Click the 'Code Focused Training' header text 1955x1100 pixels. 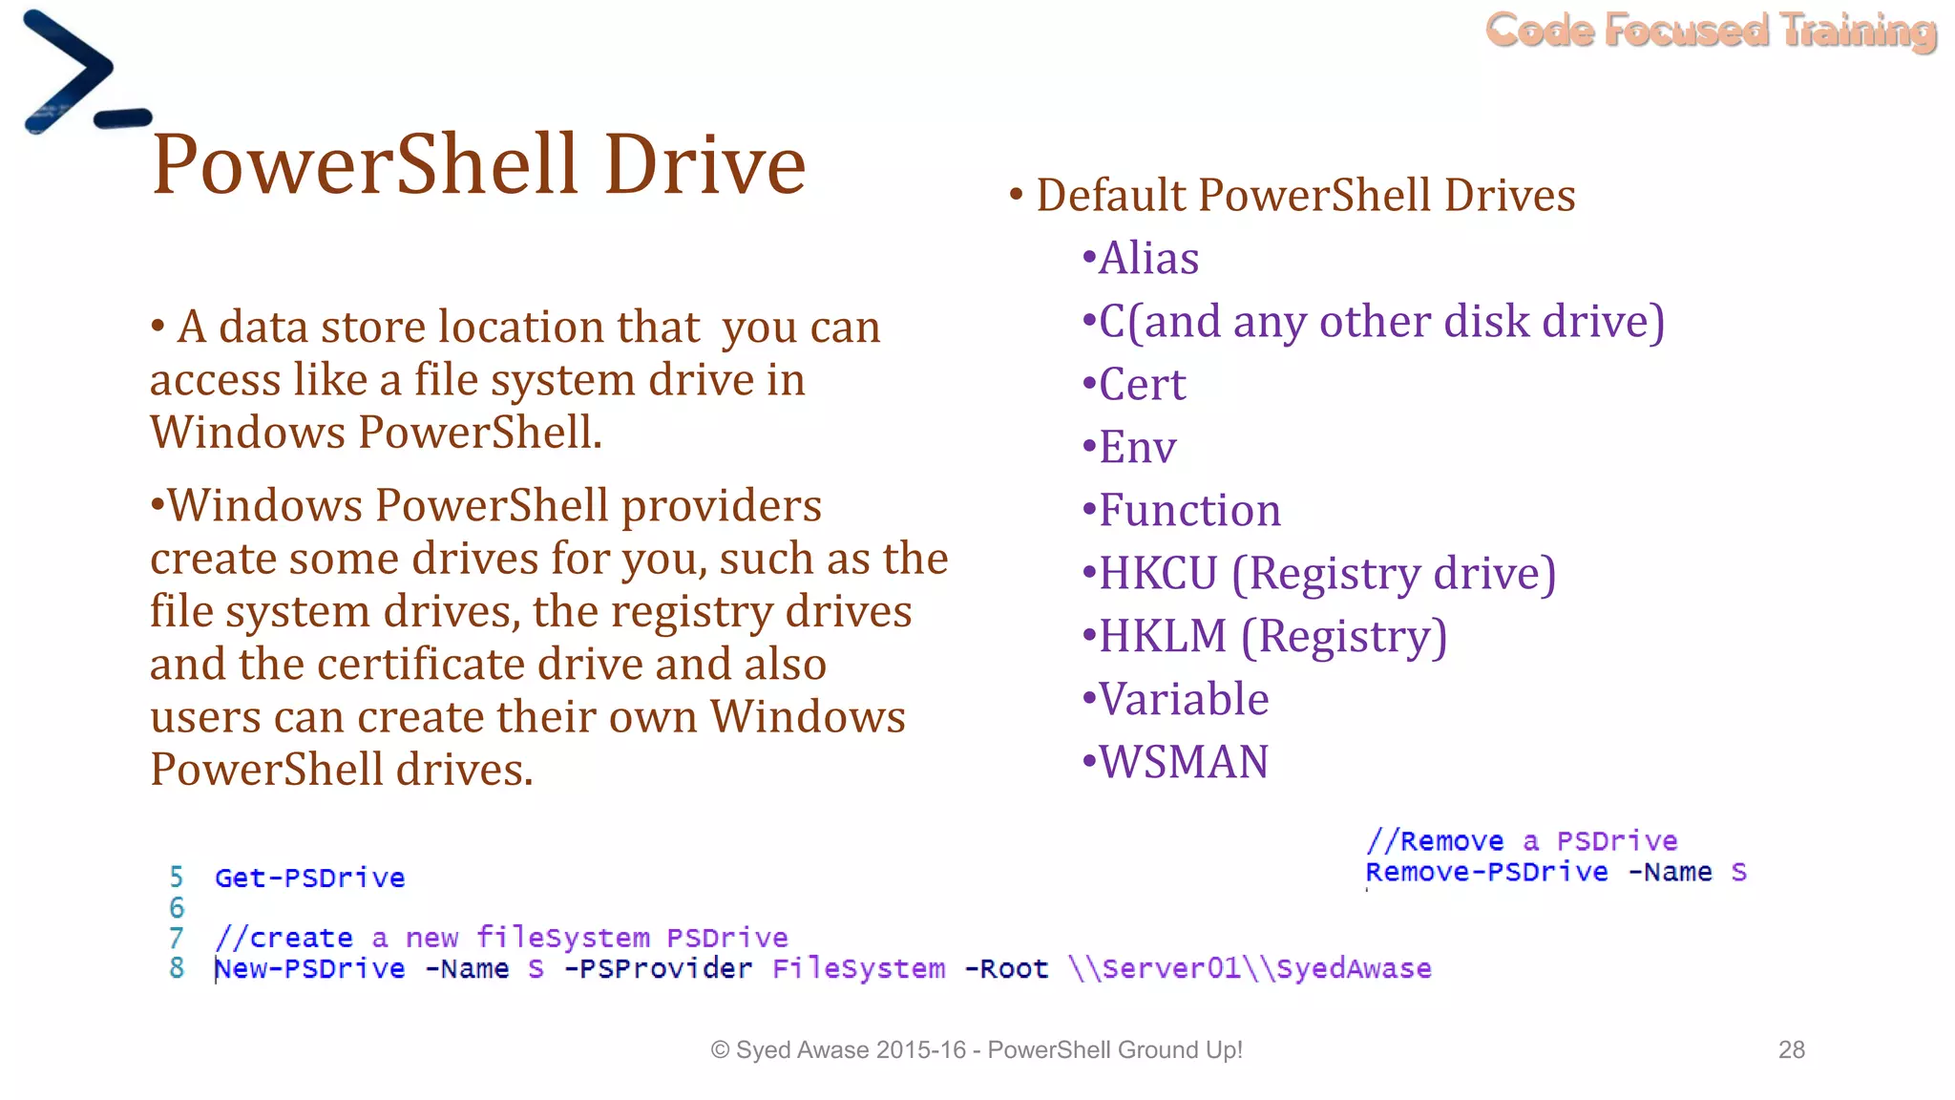pyautogui.click(x=1711, y=31)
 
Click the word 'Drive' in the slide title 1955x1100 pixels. pyautogui.click(x=704, y=164)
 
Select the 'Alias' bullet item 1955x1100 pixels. pyautogui.click(x=1147, y=259)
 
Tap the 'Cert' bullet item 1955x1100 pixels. pyautogui.click(x=1142, y=385)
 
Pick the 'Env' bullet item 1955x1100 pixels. pyautogui.click(x=1137, y=448)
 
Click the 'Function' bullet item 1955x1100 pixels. pyautogui.click(x=1188, y=511)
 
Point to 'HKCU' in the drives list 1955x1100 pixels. pyautogui.click(x=1158, y=574)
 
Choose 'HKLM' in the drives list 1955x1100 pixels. pyautogui.click(x=1162, y=637)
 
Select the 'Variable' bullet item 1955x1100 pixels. pyautogui.click(x=1183, y=700)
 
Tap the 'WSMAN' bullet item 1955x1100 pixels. pyautogui.click(x=1183, y=763)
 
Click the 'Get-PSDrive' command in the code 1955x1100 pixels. pyautogui.click(x=309, y=878)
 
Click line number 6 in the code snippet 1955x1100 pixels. pyautogui.click(x=177, y=908)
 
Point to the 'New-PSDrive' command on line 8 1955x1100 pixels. pyautogui.click(x=309, y=969)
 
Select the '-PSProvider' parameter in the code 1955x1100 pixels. pyautogui.click(x=658, y=969)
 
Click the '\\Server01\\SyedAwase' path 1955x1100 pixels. pyautogui.click(x=1250, y=969)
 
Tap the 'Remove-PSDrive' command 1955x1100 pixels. pyautogui.click(x=1486, y=873)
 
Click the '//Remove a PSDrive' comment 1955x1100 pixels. pyautogui.click(x=1522, y=841)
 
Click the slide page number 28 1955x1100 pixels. pyautogui.click(x=1791, y=1050)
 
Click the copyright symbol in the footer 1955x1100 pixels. pyautogui.click(x=721, y=1050)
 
